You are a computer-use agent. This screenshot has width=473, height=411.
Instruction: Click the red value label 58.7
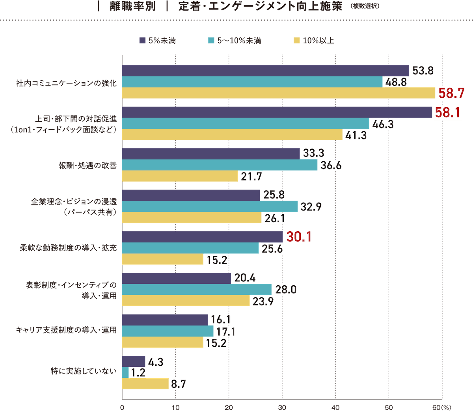452,94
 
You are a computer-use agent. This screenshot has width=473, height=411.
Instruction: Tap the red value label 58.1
447,113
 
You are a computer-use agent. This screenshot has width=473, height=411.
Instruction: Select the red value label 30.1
299,237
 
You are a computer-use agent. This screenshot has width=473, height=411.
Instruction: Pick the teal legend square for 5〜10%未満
211,41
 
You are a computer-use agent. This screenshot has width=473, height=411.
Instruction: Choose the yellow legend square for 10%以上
296,41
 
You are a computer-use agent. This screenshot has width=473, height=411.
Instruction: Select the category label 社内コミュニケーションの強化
66,83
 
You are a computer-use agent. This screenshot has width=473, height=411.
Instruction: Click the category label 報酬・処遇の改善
88,165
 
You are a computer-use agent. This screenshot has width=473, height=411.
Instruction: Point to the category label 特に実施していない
84,371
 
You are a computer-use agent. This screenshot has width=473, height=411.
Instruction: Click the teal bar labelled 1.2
125,372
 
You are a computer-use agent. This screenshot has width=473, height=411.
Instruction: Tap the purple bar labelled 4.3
134,361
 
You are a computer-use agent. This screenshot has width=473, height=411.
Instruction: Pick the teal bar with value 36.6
220,165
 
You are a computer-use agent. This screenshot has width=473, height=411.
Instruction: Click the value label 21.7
251,177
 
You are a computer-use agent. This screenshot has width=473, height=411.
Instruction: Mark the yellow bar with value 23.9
186,301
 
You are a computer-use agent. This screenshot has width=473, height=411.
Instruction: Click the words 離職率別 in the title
132,7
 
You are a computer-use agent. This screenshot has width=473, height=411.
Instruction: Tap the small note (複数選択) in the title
365,7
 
